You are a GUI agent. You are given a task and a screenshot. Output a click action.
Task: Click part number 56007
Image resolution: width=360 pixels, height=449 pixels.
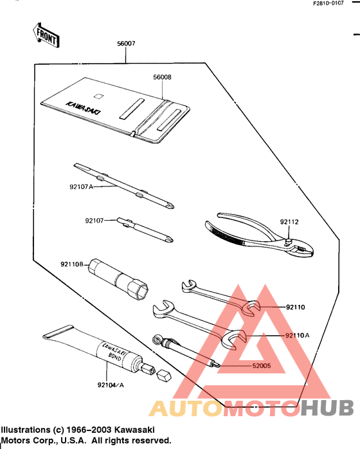(125, 44)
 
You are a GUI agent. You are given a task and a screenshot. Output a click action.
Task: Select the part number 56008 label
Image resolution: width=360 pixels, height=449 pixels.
(162, 77)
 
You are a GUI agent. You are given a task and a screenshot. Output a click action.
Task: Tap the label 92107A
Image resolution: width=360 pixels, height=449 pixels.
(81, 187)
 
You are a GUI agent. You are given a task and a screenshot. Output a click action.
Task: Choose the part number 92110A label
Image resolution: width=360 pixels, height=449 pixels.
(297, 335)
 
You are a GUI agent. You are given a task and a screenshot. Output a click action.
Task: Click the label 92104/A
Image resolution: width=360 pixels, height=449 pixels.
(111, 385)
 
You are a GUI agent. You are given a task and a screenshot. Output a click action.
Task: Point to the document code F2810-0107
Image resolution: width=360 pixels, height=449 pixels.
(332, 4)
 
